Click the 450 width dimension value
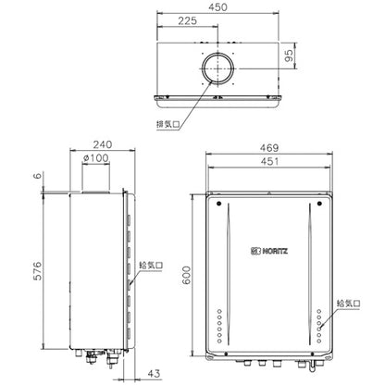point(217,7)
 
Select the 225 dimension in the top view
point(187,20)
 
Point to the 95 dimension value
point(289,56)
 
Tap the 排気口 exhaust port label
point(168,124)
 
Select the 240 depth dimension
point(103,144)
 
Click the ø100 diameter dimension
point(96,158)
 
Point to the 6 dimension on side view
point(37,176)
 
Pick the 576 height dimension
point(37,271)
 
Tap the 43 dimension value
point(155,373)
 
